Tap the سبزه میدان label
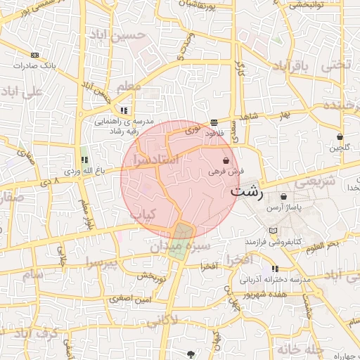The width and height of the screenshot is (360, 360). (x=179, y=247)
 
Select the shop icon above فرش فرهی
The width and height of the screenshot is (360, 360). (x=226, y=161)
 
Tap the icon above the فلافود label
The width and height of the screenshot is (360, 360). (x=214, y=123)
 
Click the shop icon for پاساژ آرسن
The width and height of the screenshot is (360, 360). (x=283, y=197)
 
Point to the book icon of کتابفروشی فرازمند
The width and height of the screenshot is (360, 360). (x=273, y=231)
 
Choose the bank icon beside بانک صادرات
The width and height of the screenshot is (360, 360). (x=35, y=55)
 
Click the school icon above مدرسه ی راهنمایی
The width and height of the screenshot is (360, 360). (x=124, y=110)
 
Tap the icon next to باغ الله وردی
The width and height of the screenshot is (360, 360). (x=84, y=160)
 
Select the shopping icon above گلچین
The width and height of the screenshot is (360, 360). (x=340, y=137)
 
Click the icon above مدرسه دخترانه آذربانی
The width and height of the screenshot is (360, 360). (x=274, y=269)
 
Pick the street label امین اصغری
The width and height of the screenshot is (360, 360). (x=130, y=299)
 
